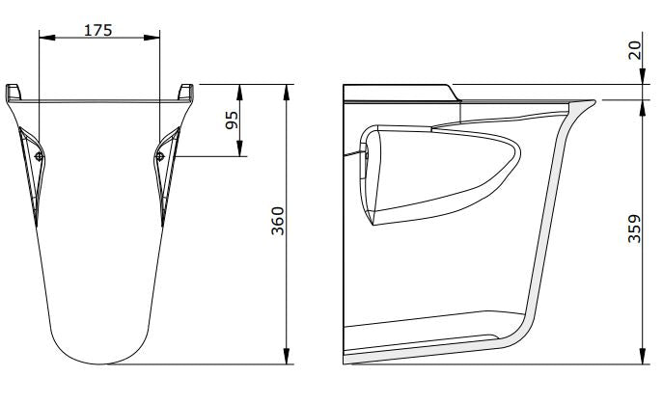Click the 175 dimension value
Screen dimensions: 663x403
click(98, 31)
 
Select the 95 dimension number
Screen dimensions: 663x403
click(232, 120)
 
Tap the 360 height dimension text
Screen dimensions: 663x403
click(277, 221)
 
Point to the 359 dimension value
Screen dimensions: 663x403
click(634, 228)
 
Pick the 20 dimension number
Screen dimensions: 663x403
click(634, 50)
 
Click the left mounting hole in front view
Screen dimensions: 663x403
click(40, 157)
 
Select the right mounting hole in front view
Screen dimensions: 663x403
click(160, 157)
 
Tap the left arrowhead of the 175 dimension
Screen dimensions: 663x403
click(47, 38)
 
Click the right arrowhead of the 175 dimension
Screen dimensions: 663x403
click(152, 38)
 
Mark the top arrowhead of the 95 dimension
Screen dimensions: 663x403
click(239, 93)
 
